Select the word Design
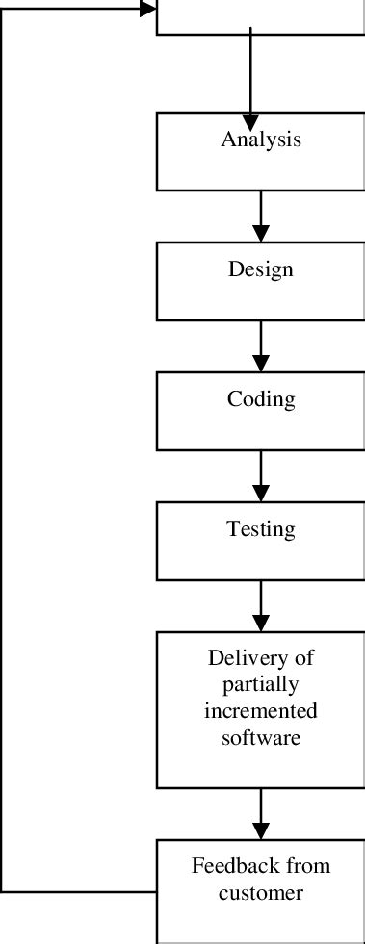coord(260,269)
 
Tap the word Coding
coord(261,398)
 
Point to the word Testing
coord(261,528)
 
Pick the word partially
coord(261,685)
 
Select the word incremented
coord(261,712)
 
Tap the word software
coord(261,738)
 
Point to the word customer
coord(261,893)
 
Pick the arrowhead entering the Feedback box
coord(260,830)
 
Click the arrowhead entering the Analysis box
coord(250,105)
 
